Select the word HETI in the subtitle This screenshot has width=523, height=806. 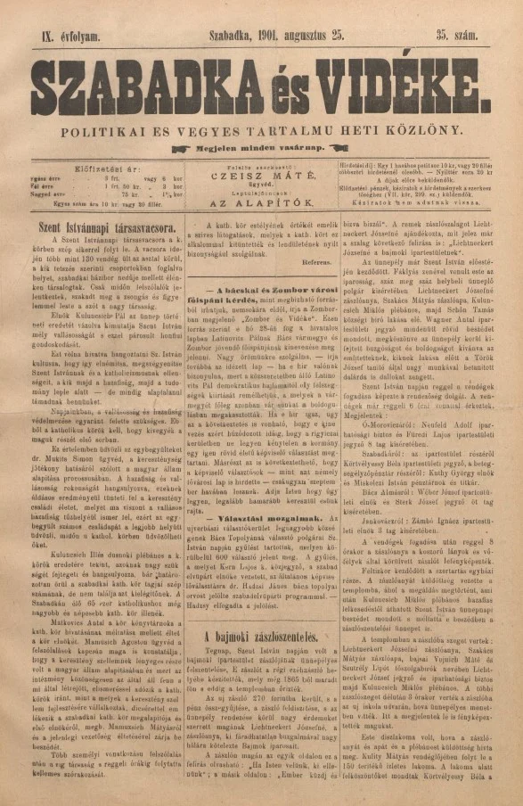tap(364, 130)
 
